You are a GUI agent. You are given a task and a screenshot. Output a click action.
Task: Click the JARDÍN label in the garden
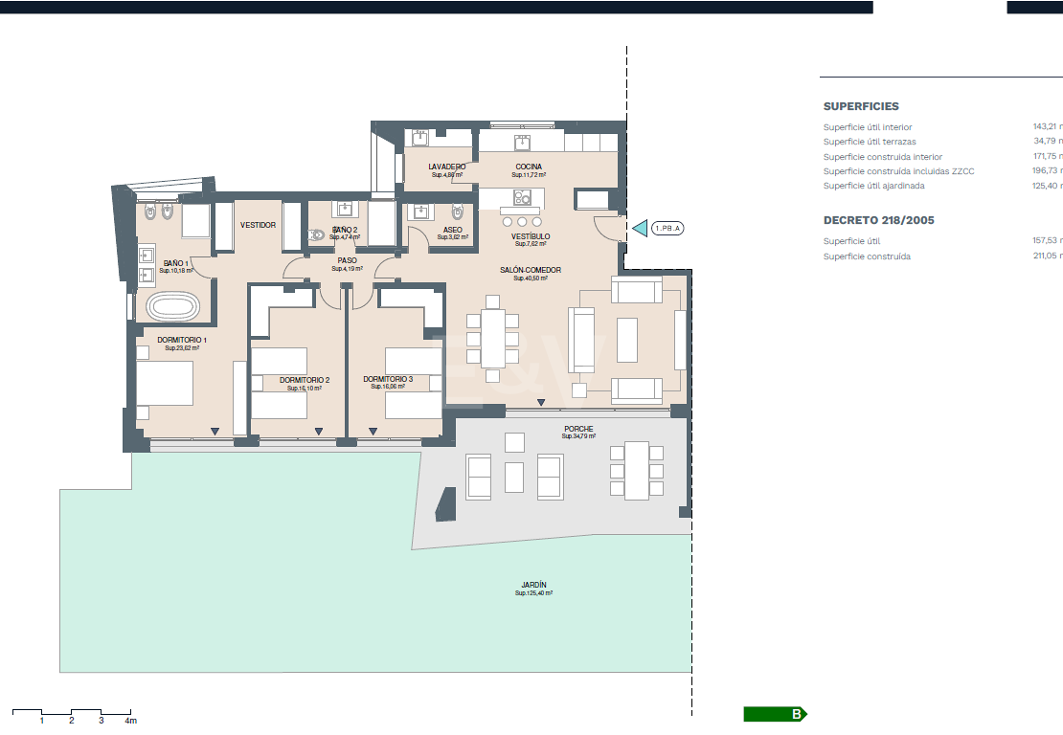[x=534, y=585]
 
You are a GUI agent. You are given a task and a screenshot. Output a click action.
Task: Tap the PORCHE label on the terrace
[x=578, y=429]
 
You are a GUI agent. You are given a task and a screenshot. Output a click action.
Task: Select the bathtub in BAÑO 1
[x=173, y=308]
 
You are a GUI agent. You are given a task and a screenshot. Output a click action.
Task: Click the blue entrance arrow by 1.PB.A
[x=639, y=229]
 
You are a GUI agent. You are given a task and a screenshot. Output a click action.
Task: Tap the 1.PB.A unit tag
[x=667, y=229]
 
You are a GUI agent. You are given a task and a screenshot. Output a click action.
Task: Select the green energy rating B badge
[x=776, y=714]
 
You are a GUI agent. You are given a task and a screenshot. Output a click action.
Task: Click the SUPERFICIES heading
[x=861, y=107]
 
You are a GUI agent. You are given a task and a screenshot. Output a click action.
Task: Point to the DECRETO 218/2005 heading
[x=878, y=220]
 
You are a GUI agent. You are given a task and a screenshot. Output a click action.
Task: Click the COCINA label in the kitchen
[x=529, y=167]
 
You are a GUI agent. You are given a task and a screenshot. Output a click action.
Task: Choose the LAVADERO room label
[x=446, y=167]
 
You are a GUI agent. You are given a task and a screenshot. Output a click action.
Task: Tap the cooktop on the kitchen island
[x=522, y=198]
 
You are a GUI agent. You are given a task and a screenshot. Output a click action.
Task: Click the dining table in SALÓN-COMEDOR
[x=493, y=338]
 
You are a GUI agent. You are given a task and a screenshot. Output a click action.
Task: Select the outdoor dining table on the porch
[x=636, y=471]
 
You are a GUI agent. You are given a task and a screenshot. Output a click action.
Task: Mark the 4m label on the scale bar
[x=130, y=721]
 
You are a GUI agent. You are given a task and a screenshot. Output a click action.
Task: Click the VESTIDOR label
[x=258, y=225]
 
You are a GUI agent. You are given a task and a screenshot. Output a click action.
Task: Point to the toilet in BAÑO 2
[x=317, y=234]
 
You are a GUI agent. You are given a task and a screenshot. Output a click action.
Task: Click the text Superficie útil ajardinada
[x=873, y=186]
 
